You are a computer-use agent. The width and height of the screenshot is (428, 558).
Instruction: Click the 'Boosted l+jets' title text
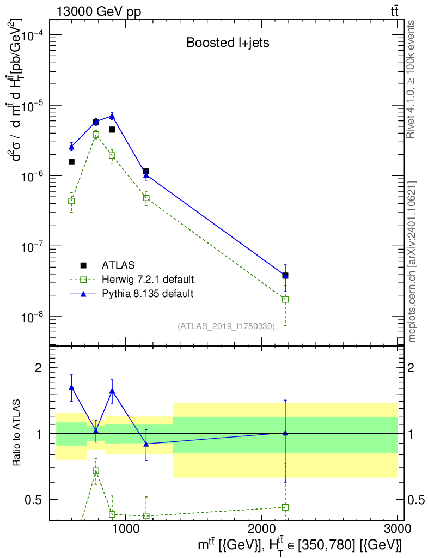coord(228,43)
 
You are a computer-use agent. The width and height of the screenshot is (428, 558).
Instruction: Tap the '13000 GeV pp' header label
coord(99,11)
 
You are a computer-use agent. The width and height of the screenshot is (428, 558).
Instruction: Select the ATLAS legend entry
coord(109,265)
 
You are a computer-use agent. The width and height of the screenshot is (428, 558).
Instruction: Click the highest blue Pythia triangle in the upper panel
coord(112,116)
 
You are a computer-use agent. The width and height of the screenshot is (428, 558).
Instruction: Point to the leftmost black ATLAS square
coord(71,161)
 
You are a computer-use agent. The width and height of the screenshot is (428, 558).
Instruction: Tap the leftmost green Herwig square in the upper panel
coord(71,201)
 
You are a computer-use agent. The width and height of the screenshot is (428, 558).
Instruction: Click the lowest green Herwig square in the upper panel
coord(285,299)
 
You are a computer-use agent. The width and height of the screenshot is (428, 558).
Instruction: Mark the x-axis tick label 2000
coord(261,529)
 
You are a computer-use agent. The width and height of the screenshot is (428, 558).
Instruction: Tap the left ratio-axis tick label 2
coord(39,368)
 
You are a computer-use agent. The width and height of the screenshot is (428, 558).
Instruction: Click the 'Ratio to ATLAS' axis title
coord(16,433)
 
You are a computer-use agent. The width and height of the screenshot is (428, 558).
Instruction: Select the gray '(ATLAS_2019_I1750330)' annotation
coord(226,326)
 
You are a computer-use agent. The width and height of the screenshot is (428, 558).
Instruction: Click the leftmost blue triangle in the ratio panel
coord(71,387)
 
